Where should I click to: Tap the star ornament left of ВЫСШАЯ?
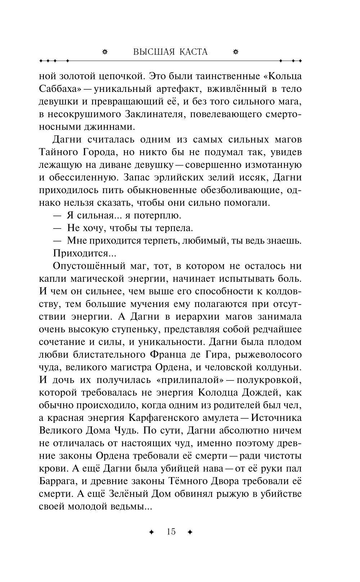pyautogui.click(x=105, y=52)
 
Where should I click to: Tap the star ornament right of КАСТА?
pyautogui.click(x=236, y=52)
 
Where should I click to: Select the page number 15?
pyautogui.click(x=171, y=532)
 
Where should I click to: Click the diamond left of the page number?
pyautogui.click(x=151, y=532)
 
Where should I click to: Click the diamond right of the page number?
pyautogui.click(x=190, y=532)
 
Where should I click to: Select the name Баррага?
pyautogui.click(x=57, y=481)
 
